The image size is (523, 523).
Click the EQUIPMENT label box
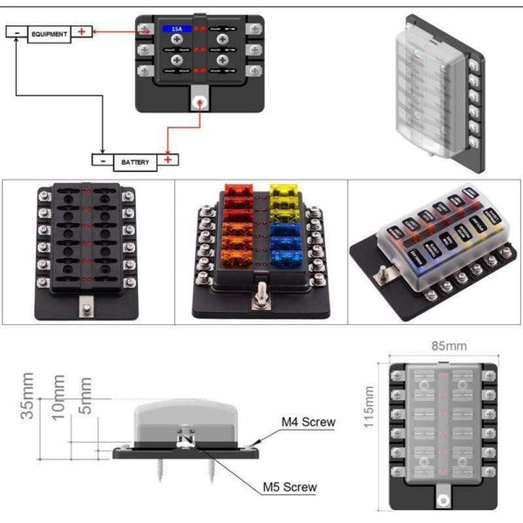(x=49, y=34)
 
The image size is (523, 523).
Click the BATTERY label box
(x=135, y=160)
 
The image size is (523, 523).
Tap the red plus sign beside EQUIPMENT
(x=82, y=33)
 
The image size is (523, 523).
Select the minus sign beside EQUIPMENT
(x=17, y=33)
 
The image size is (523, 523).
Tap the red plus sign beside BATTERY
(x=169, y=160)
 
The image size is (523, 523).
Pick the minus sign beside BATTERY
(x=103, y=160)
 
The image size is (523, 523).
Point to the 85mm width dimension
(x=444, y=346)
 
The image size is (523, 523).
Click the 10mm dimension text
(x=58, y=397)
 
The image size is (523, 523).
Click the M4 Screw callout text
(x=308, y=423)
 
